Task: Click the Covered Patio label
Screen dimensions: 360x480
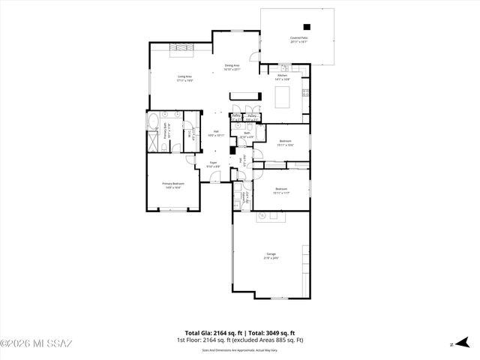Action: pyautogui.click(x=298, y=39)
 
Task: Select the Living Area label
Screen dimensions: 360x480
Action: pyautogui.click(x=184, y=77)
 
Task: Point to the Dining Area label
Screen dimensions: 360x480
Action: pyautogui.click(x=232, y=67)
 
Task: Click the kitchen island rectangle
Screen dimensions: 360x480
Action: pyautogui.click(x=283, y=97)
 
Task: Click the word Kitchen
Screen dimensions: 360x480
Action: pyautogui.click(x=283, y=76)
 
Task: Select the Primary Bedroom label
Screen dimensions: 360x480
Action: pyautogui.click(x=173, y=184)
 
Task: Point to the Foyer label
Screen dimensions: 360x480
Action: pyautogui.click(x=214, y=164)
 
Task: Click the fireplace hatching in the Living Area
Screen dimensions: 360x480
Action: pyautogui.click(x=181, y=49)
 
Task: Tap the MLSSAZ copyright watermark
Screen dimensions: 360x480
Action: pyautogui.click(x=36, y=343)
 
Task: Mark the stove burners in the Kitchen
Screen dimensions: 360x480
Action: pyautogui.click(x=305, y=93)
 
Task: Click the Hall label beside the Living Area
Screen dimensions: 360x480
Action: pyautogui.click(x=216, y=132)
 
